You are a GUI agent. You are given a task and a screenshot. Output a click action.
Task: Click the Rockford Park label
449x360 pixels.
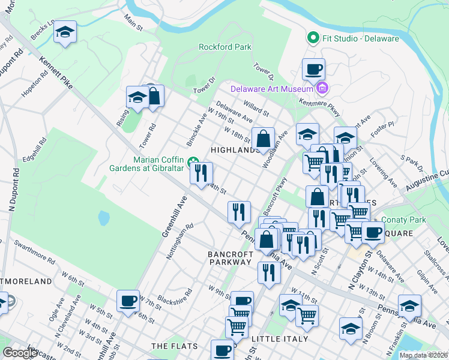[x=225, y=47]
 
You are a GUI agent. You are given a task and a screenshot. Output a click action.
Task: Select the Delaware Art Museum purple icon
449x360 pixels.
[x=322, y=89]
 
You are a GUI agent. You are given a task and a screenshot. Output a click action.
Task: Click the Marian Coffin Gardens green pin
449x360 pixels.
[x=194, y=161]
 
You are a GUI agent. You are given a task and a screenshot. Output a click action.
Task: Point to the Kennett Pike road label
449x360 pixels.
[x=56, y=73]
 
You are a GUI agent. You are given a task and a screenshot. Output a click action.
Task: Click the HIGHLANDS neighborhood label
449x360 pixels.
[x=236, y=149]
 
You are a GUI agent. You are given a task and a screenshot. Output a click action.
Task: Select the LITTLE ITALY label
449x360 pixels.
[x=280, y=339]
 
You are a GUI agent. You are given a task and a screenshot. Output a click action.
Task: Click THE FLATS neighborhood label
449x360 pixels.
[x=171, y=346]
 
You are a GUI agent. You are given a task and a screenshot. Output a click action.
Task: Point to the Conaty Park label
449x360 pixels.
[x=406, y=220]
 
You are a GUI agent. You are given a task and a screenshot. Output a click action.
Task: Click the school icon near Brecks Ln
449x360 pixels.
[x=65, y=32]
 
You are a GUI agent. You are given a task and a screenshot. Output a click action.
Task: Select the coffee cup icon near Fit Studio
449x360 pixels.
[x=313, y=69]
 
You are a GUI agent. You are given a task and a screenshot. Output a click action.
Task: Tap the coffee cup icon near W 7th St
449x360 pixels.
[x=128, y=301]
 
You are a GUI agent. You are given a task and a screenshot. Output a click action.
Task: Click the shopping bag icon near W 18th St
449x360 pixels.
[x=263, y=139]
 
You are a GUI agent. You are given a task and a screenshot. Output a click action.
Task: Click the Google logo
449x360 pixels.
[x=20, y=353]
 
